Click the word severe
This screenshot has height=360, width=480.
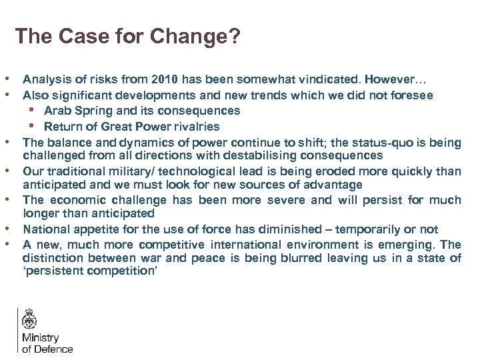click(287, 199)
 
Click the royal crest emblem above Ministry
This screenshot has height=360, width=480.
click(29, 320)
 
